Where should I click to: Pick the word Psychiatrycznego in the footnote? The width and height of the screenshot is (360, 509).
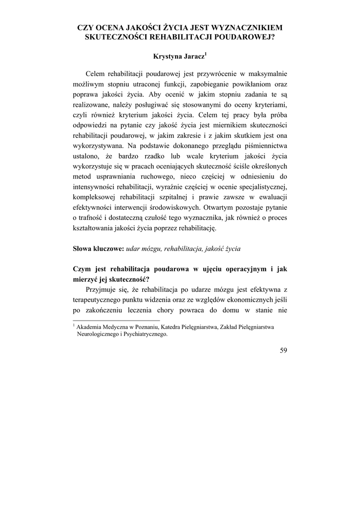[144, 335]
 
